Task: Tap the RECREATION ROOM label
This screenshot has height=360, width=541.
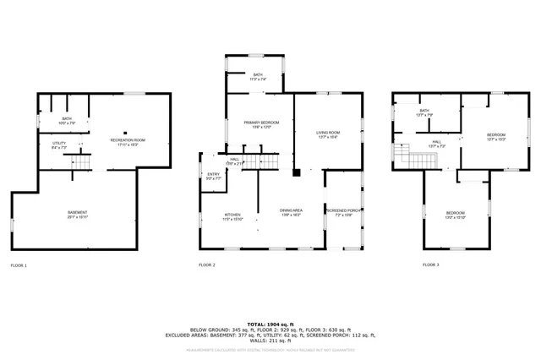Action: pyautogui.click(x=128, y=139)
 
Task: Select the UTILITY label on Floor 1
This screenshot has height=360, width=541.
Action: pyautogui.click(x=59, y=144)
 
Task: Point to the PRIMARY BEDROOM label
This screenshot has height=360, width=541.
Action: pyautogui.click(x=262, y=123)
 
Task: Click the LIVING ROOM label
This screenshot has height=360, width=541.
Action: pyautogui.click(x=329, y=133)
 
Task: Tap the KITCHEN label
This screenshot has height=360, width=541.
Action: pyautogui.click(x=233, y=215)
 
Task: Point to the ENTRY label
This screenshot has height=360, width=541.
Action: pyautogui.click(x=214, y=176)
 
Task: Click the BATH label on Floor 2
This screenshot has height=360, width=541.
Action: pyautogui.click(x=258, y=75)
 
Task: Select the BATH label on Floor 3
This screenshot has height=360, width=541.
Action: pyautogui.click(x=425, y=111)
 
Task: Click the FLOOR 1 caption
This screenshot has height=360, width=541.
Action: pyautogui.click(x=19, y=265)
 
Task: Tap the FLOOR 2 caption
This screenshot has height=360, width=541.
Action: pyautogui.click(x=207, y=265)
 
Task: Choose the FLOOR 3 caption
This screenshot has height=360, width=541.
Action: pyautogui.click(x=431, y=265)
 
